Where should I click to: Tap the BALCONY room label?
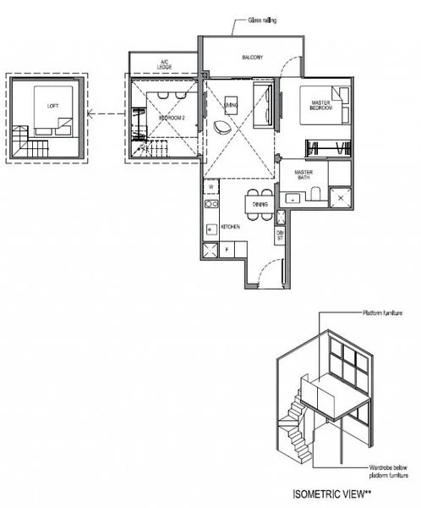click(251, 58)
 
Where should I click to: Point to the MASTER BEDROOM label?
click(320, 106)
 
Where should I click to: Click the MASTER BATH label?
click(304, 174)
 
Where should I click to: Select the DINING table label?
click(260, 203)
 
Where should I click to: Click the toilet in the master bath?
click(314, 196)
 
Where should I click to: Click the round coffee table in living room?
click(222, 126)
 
